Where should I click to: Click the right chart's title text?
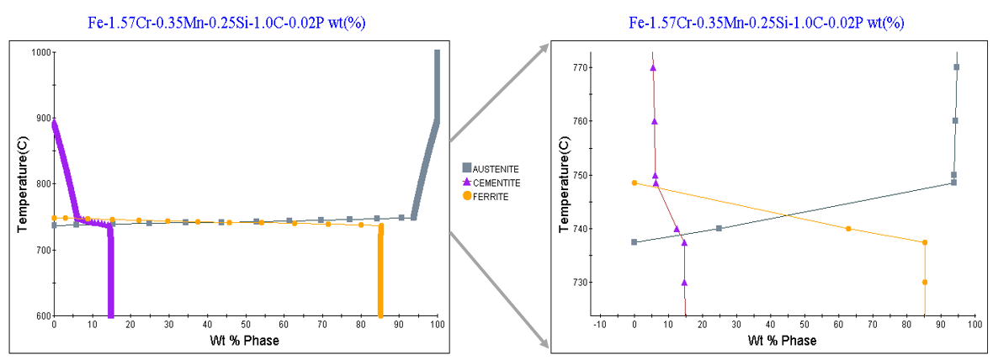tap(766, 23)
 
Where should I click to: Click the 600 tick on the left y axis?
tap(42, 316)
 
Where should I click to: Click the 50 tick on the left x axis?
tap(246, 325)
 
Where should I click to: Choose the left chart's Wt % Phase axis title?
tap(246, 341)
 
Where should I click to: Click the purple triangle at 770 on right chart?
tap(653, 67)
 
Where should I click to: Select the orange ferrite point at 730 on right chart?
tap(925, 283)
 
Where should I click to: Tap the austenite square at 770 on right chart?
tap(956, 67)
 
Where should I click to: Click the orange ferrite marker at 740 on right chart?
tap(848, 229)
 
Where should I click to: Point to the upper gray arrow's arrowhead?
tap(544, 50)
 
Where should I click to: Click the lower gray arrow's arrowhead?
tap(544, 343)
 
